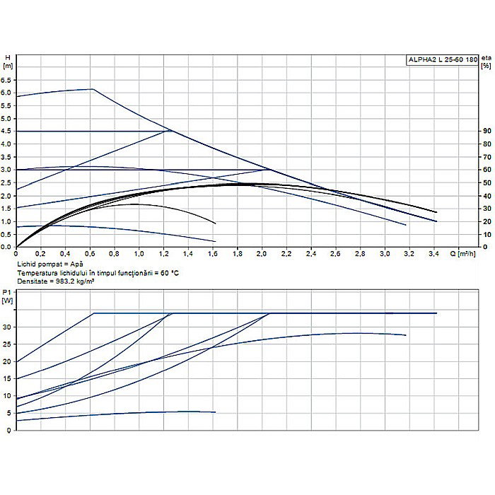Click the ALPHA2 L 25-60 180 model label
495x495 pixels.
(442, 60)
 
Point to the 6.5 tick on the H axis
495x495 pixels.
(8, 79)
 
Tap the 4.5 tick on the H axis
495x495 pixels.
(8, 131)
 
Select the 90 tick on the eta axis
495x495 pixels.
(487, 131)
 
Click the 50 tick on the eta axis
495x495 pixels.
(487, 182)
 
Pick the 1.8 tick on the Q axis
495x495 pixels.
(237, 253)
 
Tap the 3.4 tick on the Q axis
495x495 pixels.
(433, 253)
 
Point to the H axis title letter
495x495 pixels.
(7, 57)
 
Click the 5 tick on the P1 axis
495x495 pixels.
(8, 413)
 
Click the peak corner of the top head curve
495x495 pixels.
(93, 89)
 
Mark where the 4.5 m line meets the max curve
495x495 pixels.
(170, 131)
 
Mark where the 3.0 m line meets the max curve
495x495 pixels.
(269, 170)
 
